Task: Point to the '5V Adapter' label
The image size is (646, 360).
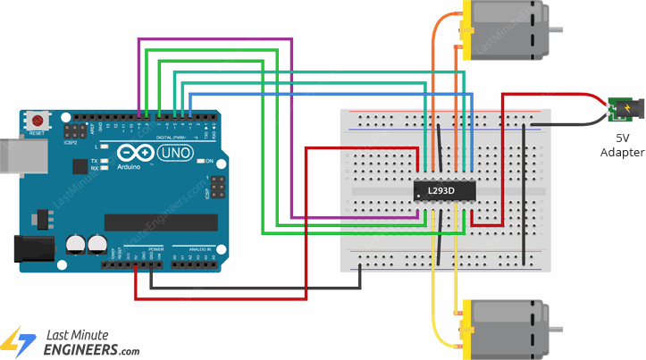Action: [623, 146]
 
